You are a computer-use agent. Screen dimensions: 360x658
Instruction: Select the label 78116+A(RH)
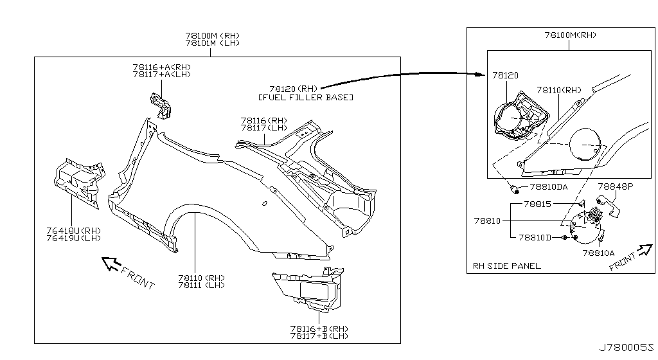click(x=161, y=67)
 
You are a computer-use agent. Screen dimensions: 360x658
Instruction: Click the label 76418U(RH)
click(x=74, y=231)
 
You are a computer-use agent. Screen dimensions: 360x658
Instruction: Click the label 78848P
click(x=616, y=186)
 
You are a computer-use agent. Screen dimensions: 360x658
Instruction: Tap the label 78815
click(x=536, y=204)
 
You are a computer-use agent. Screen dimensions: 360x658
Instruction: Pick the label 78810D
click(x=535, y=238)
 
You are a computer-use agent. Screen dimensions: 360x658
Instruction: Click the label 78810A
click(x=599, y=253)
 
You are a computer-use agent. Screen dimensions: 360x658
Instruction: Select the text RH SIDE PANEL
click(x=506, y=265)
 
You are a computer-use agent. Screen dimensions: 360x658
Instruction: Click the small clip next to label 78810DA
click(x=515, y=189)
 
